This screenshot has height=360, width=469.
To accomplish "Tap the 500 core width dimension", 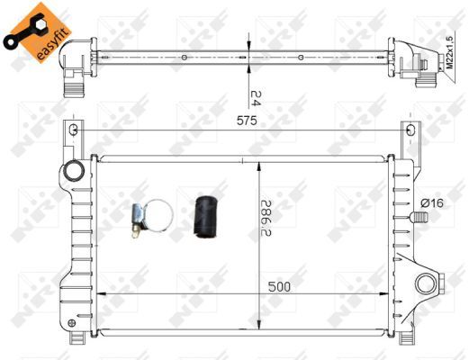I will (280, 287).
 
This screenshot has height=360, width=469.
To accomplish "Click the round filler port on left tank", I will (73, 171).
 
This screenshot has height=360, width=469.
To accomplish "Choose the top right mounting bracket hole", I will (410, 131).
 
